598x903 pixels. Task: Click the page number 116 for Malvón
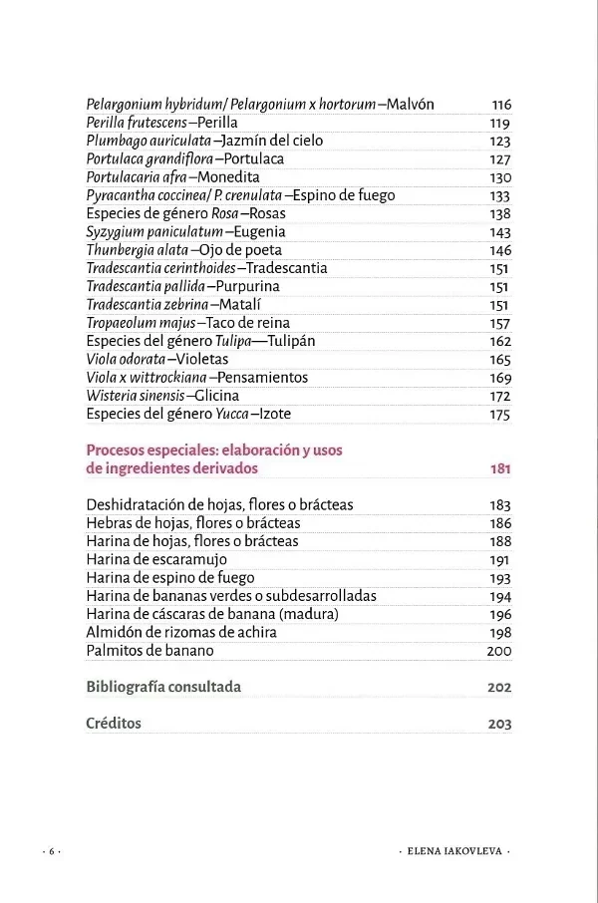click(500, 105)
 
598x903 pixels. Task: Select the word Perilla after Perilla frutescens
click(217, 123)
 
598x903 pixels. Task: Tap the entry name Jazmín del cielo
click(272, 141)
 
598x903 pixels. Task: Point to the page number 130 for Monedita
click(500, 177)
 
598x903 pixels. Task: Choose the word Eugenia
click(259, 231)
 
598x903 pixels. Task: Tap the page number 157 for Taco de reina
click(500, 323)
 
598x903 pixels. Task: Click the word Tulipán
click(287, 341)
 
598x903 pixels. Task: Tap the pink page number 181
click(500, 468)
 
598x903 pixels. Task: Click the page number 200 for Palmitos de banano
click(499, 651)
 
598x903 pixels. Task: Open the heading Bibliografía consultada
click(163, 687)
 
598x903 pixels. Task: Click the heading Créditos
click(114, 724)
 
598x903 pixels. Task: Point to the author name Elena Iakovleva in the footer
click(453, 852)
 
